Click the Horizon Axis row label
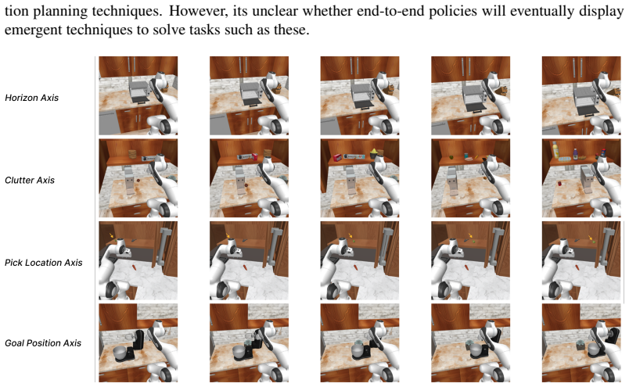click(32, 98)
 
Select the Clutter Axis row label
click(30, 181)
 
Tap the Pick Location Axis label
click(44, 263)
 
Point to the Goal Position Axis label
click(43, 343)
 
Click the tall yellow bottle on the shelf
click(555, 149)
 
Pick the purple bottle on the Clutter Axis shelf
click(576, 153)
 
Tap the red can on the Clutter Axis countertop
click(560, 184)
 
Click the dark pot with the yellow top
click(374, 153)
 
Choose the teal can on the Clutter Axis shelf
click(466, 156)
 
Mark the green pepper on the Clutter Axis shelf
click(451, 157)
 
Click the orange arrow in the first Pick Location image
click(111, 236)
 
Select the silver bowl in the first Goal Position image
click(120, 353)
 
